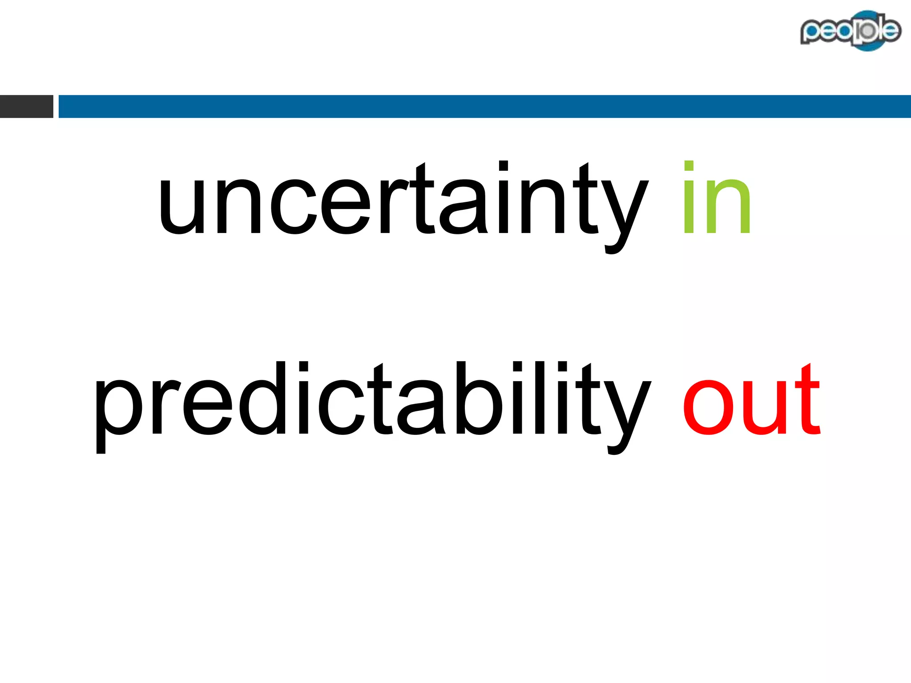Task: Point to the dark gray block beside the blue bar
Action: pyautogui.click(x=26, y=106)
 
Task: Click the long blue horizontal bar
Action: pyautogui.click(x=484, y=106)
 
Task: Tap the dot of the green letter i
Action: pyautogui.click(x=689, y=166)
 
